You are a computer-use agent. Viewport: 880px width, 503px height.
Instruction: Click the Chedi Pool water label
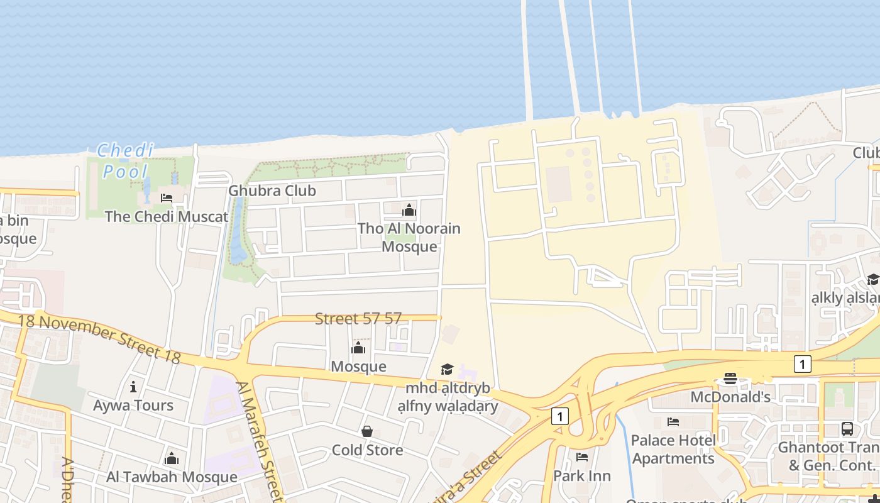pyautogui.click(x=125, y=161)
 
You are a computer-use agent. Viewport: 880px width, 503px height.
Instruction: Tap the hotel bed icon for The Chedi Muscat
pyautogui.click(x=167, y=198)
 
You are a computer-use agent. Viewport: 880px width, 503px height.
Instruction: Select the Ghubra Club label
pyautogui.click(x=272, y=191)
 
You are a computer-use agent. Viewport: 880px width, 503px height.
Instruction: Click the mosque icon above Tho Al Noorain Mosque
pyautogui.click(x=409, y=210)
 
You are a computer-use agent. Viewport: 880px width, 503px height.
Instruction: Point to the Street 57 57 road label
pyautogui.click(x=358, y=319)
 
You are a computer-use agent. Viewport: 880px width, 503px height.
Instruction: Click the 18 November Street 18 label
pyautogui.click(x=99, y=338)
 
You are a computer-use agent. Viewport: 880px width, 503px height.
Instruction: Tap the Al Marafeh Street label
pyautogui.click(x=259, y=440)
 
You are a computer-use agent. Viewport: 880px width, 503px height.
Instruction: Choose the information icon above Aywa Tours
pyautogui.click(x=133, y=387)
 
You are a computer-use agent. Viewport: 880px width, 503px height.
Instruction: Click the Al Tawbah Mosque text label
pyautogui.click(x=172, y=477)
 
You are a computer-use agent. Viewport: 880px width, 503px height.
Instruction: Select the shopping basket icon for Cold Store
pyautogui.click(x=367, y=431)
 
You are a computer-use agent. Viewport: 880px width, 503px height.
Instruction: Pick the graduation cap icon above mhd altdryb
pyautogui.click(x=447, y=369)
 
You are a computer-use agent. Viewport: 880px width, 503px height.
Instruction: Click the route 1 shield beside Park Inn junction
pyautogui.click(x=560, y=416)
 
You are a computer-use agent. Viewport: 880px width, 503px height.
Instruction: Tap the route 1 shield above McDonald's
pyautogui.click(x=802, y=364)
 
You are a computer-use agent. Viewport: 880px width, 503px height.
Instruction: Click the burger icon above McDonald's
pyautogui.click(x=730, y=379)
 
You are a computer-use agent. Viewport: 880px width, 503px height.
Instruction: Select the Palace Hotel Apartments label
pyautogui.click(x=673, y=449)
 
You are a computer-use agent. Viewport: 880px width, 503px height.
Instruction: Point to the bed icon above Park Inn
pyautogui.click(x=582, y=457)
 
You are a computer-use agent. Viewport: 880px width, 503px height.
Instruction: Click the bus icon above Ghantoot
pyautogui.click(x=847, y=429)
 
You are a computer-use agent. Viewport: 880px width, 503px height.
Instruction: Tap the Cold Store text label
pyautogui.click(x=367, y=450)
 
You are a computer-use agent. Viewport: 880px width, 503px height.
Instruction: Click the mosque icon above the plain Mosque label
pyautogui.click(x=358, y=348)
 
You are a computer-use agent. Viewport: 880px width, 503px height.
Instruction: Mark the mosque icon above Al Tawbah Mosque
pyautogui.click(x=172, y=458)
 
